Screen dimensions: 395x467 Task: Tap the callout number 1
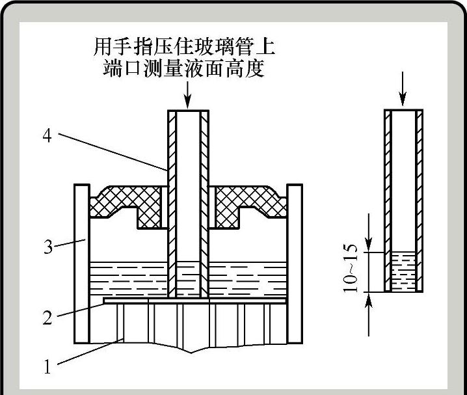(47, 366)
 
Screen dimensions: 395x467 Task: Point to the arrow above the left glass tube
(188, 98)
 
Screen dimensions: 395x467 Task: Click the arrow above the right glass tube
(403, 96)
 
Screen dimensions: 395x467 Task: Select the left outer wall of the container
(81, 264)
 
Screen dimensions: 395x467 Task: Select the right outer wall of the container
(295, 264)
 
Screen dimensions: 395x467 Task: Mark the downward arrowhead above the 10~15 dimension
(369, 245)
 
